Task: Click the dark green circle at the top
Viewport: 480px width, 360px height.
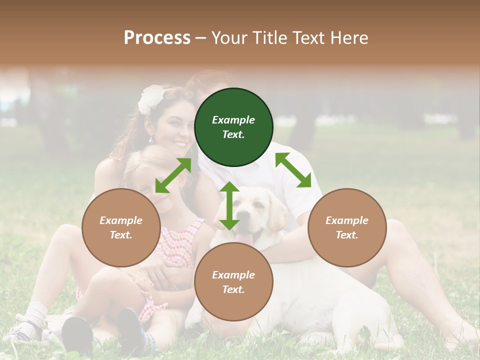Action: pyautogui.click(x=233, y=127)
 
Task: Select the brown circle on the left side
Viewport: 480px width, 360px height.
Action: pyautogui.click(x=121, y=227)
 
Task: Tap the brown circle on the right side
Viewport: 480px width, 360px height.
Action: pyautogui.click(x=347, y=227)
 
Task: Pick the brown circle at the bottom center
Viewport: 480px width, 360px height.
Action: pyautogui.click(x=233, y=282)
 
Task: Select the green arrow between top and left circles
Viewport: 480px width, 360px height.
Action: pyautogui.click(x=173, y=175)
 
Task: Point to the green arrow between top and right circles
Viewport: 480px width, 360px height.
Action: pyautogui.click(x=293, y=170)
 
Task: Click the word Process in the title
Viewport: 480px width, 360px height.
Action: pyautogui.click(x=157, y=37)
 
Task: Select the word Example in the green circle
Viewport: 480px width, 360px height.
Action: pyautogui.click(x=233, y=120)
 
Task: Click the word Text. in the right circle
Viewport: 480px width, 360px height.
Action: pyautogui.click(x=347, y=235)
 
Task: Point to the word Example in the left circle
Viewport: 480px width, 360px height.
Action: pyautogui.click(x=121, y=220)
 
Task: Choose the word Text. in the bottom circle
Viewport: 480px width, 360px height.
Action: pyautogui.click(x=233, y=289)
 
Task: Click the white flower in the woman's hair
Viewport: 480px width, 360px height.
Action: pyautogui.click(x=151, y=97)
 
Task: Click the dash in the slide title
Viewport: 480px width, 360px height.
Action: pyautogui.click(x=201, y=38)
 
